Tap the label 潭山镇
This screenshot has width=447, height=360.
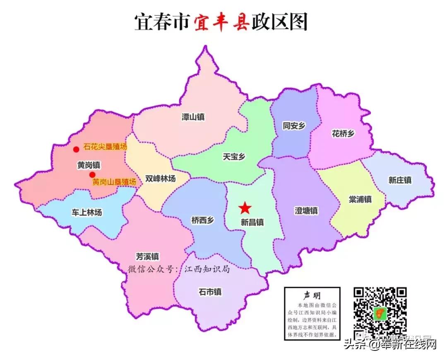[193, 117]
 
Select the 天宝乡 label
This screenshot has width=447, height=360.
[234, 157]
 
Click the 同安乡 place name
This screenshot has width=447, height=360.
[294, 126]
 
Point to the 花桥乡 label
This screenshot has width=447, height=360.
[343, 133]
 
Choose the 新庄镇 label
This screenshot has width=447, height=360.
[400, 180]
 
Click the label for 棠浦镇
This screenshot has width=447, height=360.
[360, 199]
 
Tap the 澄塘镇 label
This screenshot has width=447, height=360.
[306, 210]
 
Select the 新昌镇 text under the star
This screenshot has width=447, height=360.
[252, 222]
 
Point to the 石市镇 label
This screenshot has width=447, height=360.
[210, 292]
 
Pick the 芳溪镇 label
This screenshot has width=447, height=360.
[147, 256]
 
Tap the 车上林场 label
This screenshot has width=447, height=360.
[87, 213]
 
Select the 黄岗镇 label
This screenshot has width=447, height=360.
[89, 164]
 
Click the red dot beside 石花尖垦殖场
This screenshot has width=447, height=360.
[76, 149]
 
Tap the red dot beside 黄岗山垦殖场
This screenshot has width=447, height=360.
[92, 175]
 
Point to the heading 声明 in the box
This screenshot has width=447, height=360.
[312, 295]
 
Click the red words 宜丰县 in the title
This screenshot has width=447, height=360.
[221, 22]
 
